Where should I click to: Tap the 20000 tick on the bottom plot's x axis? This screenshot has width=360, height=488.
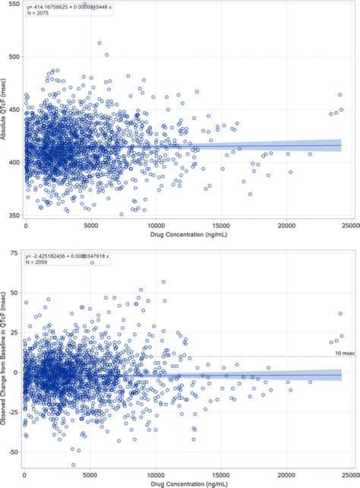[x=286, y=475]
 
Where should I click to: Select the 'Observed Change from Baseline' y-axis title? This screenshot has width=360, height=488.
[x=5, y=357]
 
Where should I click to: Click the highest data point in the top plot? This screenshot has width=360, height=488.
[x=99, y=43]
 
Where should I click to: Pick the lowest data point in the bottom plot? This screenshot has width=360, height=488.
[x=74, y=464]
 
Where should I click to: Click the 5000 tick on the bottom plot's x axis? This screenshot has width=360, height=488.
[x=90, y=475]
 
